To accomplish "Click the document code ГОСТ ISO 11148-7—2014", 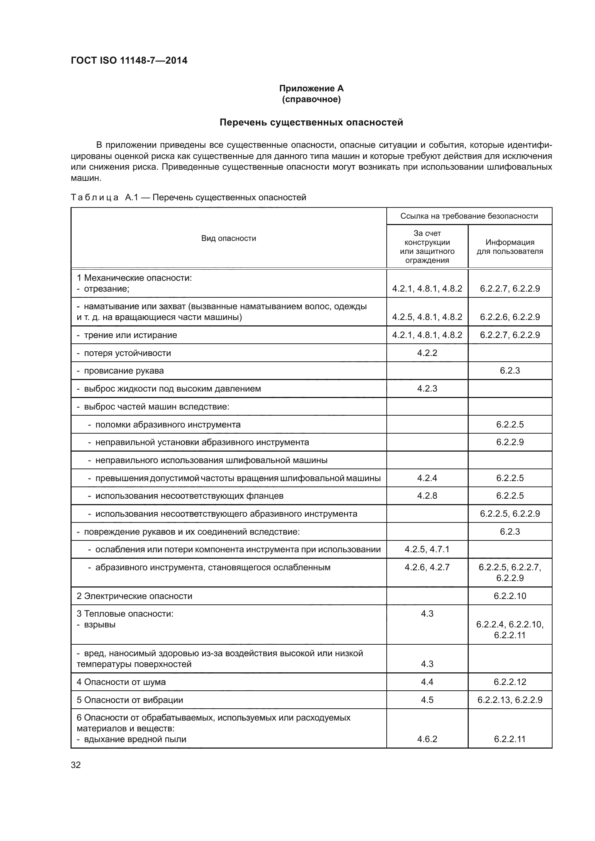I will (x=129, y=60).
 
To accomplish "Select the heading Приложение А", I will (x=311, y=88).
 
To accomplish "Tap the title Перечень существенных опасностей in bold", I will (x=311, y=122).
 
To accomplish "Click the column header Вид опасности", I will (x=228, y=238).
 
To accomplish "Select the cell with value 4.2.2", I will (x=427, y=353).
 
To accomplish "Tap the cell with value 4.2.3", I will (x=427, y=389).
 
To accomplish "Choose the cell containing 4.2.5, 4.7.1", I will (x=427, y=549).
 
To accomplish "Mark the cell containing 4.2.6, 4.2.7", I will (x=427, y=567).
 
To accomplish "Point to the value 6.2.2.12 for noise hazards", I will (x=510, y=682).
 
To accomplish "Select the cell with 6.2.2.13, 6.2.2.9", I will (x=510, y=700).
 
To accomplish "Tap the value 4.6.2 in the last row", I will (x=427, y=739).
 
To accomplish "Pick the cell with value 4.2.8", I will (x=427, y=495).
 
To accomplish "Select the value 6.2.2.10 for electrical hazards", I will (x=510, y=596).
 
